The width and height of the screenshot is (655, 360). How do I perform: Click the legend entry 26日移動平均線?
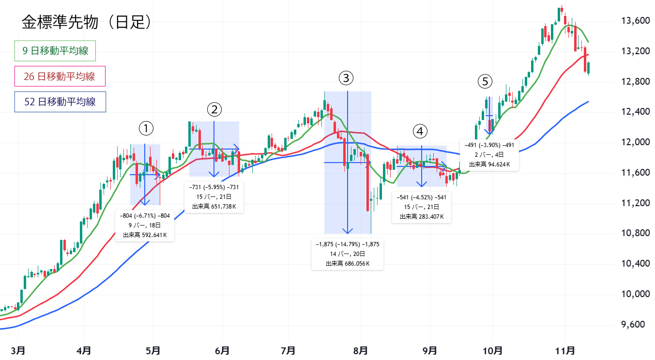click(x=60, y=76)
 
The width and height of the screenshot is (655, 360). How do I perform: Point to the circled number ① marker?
click(x=146, y=128)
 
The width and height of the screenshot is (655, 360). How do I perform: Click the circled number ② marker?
click(x=214, y=109)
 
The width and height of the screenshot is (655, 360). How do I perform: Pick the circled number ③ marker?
click(x=346, y=77)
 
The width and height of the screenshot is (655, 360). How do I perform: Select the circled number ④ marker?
click(x=420, y=131)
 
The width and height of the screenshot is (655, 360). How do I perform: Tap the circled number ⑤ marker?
click(x=485, y=81)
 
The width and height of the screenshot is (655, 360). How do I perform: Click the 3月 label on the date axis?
click(x=18, y=349)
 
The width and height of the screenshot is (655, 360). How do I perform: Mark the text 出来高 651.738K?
click(x=214, y=207)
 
